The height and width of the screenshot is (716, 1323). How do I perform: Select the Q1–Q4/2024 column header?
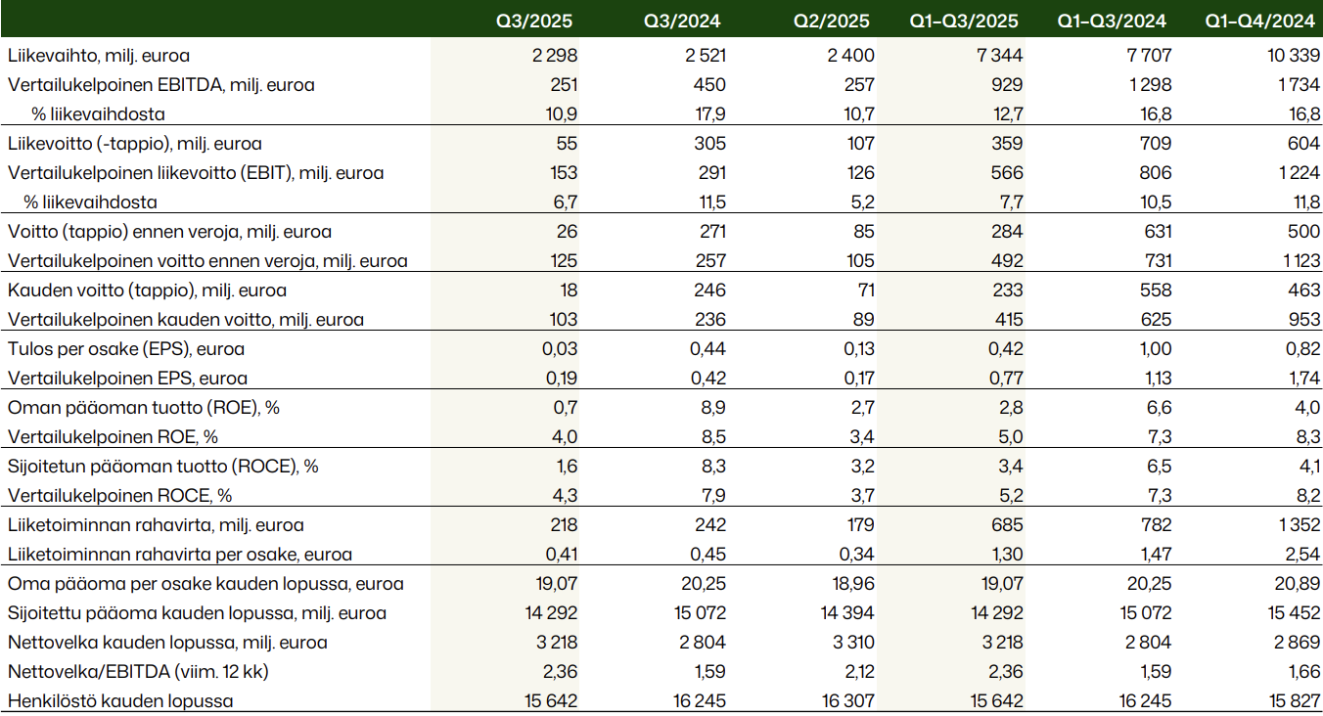[x=1259, y=21]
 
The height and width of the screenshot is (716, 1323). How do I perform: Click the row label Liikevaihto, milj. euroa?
[x=98, y=56]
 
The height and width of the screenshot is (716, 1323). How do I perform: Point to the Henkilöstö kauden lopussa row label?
[x=120, y=701]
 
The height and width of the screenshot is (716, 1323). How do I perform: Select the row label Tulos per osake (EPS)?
[x=126, y=349]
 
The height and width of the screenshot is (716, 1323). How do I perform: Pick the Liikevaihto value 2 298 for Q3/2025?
[x=556, y=56]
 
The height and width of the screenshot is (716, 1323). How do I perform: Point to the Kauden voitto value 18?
[x=569, y=291]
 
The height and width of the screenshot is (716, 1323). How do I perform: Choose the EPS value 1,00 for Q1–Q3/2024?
[x=1152, y=349]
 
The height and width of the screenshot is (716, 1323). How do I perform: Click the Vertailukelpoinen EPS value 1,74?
[x=1300, y=379]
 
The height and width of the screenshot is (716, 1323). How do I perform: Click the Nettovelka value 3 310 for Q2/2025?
[x=851, y=643]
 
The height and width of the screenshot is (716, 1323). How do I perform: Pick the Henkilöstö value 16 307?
[x=847, y=701]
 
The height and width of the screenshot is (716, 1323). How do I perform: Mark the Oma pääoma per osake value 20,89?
[x=1296, y=584]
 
